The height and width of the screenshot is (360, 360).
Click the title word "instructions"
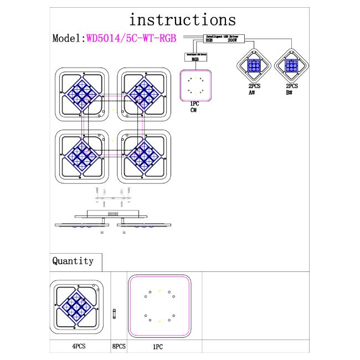(x=182, y=20)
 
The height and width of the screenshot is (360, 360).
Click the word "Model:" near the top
(x=68, y=38)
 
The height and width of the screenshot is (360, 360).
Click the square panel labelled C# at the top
(x=196, y=85)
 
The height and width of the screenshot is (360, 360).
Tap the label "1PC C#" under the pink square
(x=194, y=107)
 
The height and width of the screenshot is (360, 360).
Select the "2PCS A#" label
(x=253, y=90)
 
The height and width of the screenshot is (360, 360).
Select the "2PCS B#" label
(x=290, y=90)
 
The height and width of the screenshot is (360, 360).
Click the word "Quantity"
(x=73, y=260)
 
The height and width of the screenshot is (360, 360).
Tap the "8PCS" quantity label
(x=119, y=346)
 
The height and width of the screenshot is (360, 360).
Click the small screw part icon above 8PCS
(x=114, y=313)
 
